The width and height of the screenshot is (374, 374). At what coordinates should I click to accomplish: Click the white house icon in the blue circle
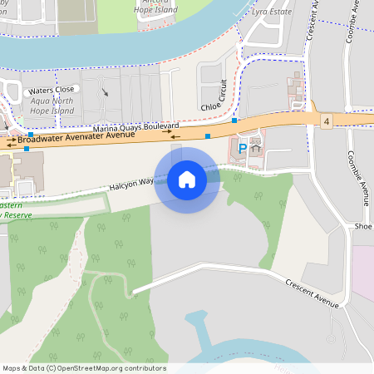pyautogui.click(x=187, y=179)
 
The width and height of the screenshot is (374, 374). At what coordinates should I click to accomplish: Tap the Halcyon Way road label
pyautogui.click(x=131, y=183)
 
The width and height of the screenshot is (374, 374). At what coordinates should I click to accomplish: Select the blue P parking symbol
pyautogui.click(x=243, y=149)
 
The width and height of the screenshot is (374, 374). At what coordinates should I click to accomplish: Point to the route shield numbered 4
pyautogui.click(x=327, y=121)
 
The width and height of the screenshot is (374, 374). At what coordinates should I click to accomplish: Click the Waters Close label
pyautogui.click(x=52, y=89)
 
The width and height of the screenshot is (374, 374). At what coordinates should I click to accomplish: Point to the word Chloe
pyautogui.click(x=211, y=106)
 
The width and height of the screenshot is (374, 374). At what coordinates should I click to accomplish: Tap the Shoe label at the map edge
pyautogui.click(x=362, y=226)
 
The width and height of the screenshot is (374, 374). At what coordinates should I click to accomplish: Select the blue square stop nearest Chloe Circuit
pyautogui.click(x=235, y=121)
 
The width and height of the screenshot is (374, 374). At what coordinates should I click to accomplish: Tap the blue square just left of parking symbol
pyautogui.click(x=208, y=135)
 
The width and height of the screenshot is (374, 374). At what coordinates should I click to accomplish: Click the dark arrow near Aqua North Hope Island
pyautogui.click(x=105, y=91)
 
